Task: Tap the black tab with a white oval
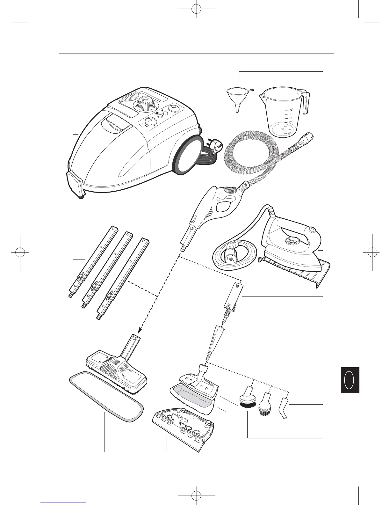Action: coord(350,380)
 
